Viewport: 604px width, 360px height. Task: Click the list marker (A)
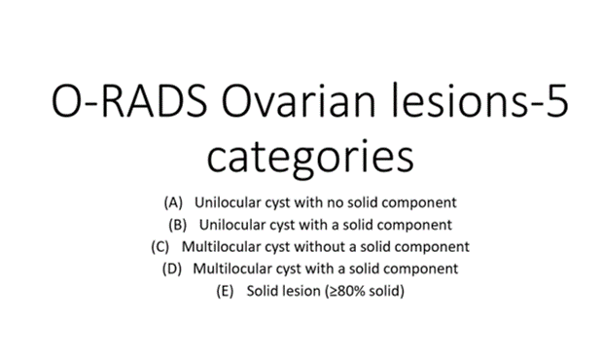pyautogui.click(x=172, y=203)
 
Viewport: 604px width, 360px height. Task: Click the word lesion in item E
pyautogui.click(x=302, y=289)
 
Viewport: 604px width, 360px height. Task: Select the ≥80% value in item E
pyautogui.click(x=342, y=289)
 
